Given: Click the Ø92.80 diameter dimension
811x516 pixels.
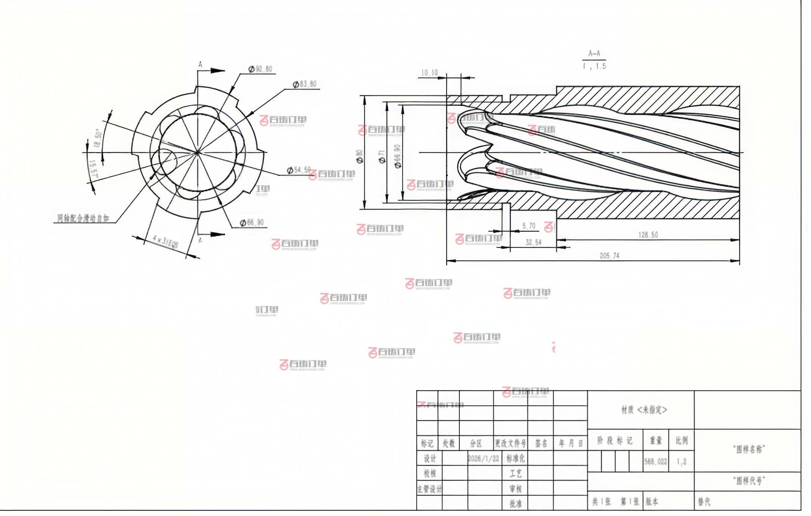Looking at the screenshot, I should (261, 69).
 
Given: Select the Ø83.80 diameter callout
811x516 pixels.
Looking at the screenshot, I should (305, 84).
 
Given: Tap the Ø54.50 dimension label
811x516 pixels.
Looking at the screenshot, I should (299, 170).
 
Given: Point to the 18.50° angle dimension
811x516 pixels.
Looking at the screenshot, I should (98, 139).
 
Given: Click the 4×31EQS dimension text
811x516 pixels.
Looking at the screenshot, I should (166, 242).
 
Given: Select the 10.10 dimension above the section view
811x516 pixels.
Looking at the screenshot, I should (429, 73).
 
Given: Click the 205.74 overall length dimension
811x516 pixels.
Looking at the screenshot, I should (609, 256).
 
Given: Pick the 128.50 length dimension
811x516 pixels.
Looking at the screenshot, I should (648, 235).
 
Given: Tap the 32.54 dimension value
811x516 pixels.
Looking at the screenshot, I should (533, 242).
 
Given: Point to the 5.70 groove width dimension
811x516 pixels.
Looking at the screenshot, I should (528, 226).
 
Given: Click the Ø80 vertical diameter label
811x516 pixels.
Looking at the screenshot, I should (360, 156).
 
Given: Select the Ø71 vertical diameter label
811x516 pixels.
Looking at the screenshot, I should (382, 157).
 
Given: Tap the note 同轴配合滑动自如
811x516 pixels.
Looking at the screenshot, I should (83, 218).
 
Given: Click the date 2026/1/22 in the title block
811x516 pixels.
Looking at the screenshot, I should (483, 459).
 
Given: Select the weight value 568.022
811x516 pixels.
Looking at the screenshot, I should (656, 461).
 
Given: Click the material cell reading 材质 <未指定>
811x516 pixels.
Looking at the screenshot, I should (644, 410).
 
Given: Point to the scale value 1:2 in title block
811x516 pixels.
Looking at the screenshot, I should (681, 462).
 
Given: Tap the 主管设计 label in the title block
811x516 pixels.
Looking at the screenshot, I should (429, 489).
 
